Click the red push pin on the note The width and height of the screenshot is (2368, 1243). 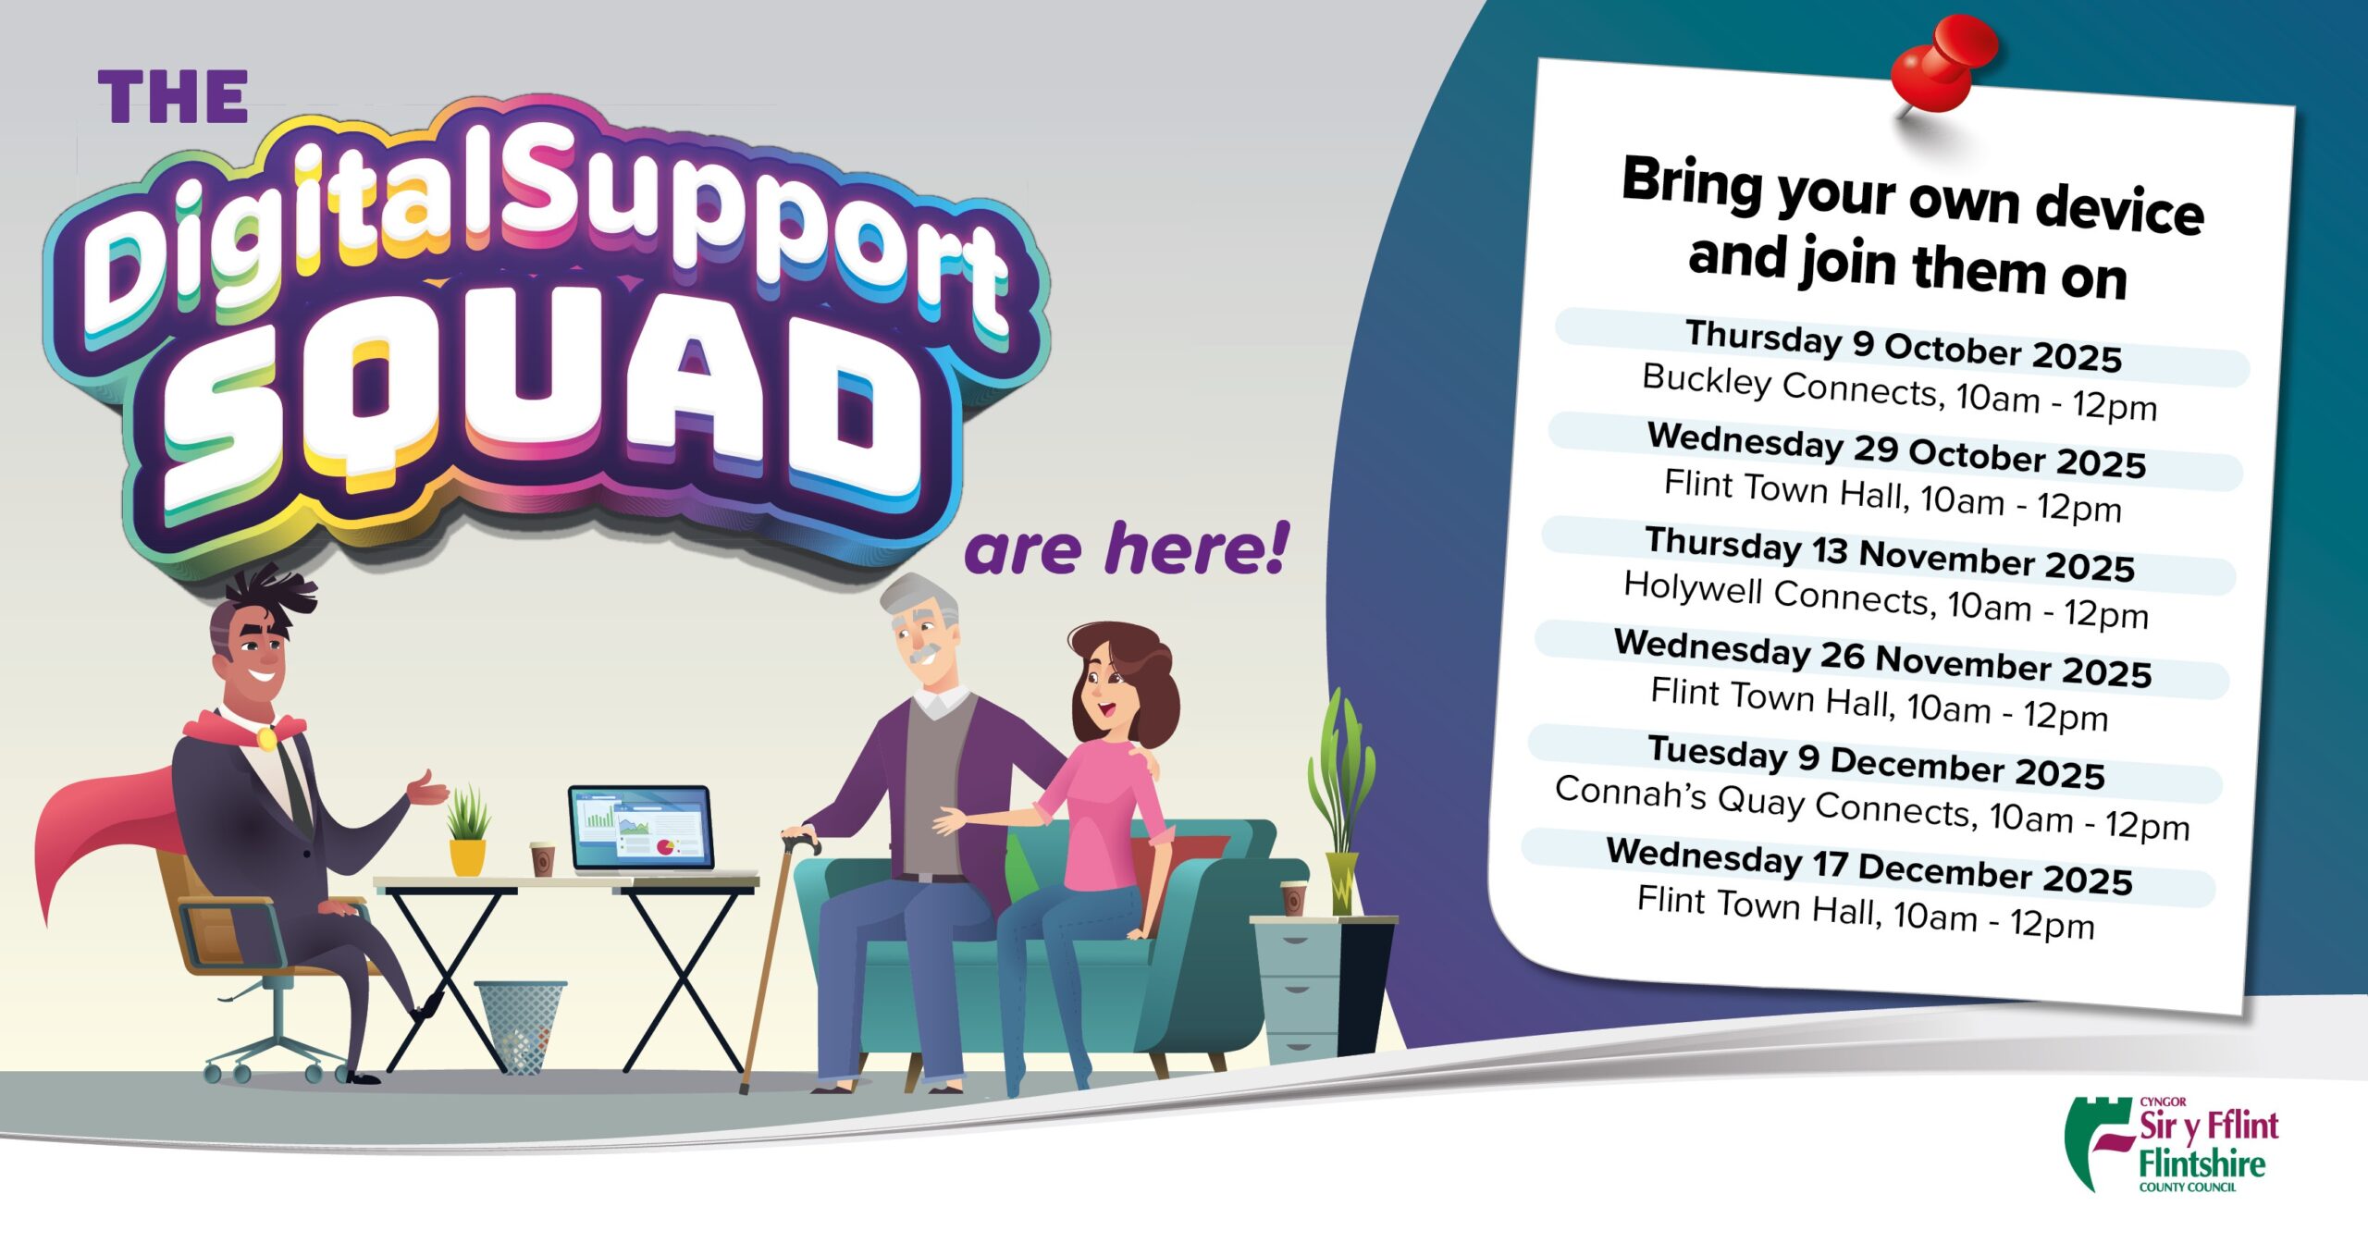click(1942, 65)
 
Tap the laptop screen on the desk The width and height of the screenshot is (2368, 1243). click(641, 827)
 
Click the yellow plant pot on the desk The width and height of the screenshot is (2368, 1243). click(468, 856)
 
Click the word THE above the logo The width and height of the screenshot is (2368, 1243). click(173, 97)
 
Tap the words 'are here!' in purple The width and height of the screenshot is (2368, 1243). click(1126, 549)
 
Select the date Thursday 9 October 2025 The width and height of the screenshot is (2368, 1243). click(1903, 346)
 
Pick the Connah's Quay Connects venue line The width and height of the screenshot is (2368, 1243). click(1872, 807)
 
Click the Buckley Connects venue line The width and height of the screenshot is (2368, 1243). click(1899, 392)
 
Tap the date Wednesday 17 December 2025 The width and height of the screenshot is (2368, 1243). click(1868, 867)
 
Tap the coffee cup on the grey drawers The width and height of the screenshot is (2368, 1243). click(1293, 898)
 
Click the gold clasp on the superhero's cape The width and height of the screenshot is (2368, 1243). click(265, 738)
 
